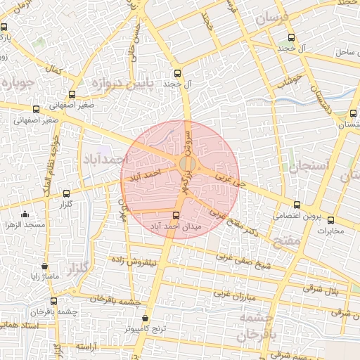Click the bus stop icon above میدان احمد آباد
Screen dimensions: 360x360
pos(176,214)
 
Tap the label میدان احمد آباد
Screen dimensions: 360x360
pos(176,226)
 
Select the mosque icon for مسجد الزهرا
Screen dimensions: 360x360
pos(25,214)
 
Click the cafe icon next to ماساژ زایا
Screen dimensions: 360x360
pos(45,266)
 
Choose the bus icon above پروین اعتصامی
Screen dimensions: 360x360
pos(296,205)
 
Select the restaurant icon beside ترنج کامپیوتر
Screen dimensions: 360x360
pos(146,319)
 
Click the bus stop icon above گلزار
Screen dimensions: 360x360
pos(67,193)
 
